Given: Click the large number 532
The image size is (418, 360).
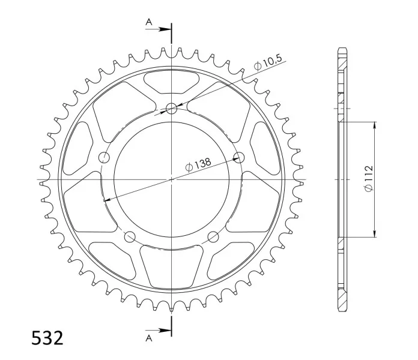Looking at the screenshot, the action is pos(47,338).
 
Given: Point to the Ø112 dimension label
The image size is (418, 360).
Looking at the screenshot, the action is pos(369,178).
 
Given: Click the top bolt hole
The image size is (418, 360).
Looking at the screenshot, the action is pos(171,109).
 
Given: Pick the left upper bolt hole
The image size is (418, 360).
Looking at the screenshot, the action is pos(104,157).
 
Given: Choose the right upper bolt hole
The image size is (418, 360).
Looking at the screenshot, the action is pos(239,157).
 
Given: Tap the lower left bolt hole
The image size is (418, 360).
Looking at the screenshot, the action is pos(130,237).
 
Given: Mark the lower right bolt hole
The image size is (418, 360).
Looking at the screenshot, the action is pos(213,237).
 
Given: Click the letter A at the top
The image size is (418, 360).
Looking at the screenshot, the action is pos(149,22).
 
